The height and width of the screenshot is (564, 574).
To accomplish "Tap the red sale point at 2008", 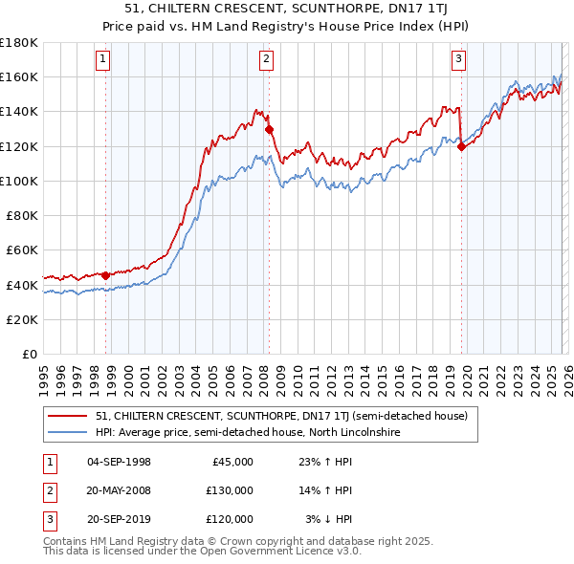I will [x=269, y=129].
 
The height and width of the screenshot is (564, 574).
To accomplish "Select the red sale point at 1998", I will [x=105, y=275].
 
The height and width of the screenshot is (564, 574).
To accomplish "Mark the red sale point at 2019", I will [x=461, y=146].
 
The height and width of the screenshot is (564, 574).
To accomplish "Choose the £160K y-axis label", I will [x=19, y=76].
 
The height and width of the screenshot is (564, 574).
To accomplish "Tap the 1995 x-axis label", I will [x=43, y=374].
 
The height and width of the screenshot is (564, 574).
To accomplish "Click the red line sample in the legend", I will [x=68, y=417].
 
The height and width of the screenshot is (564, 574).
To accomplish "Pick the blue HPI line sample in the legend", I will [x=68, y=433].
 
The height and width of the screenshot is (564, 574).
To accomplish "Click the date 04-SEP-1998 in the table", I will [x=119, y=462].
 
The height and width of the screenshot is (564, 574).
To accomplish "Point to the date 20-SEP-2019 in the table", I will [x=119, y=519].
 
